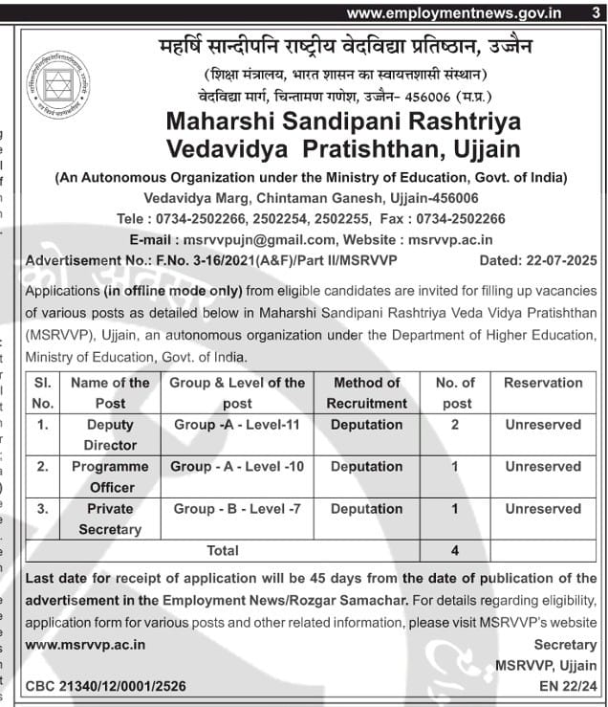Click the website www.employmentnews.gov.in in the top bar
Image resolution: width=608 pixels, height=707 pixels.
point(453,12)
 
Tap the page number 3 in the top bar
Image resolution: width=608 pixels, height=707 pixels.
point(596,12)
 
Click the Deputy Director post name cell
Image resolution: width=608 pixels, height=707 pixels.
point(110,434)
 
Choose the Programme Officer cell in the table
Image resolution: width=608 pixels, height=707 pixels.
point(110,476)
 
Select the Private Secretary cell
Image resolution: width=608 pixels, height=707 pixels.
point(110,519)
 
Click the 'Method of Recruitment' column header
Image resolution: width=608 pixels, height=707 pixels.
point(366,392)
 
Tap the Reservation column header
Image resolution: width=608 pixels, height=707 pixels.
point(543,383)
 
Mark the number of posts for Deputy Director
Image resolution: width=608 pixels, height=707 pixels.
point(455,425)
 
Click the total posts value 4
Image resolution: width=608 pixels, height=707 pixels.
point(455,550)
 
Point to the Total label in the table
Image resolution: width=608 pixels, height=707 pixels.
point(223,550)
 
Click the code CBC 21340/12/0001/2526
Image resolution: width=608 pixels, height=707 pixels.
point(106,686)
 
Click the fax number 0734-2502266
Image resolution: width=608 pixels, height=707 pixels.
point(458,219)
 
